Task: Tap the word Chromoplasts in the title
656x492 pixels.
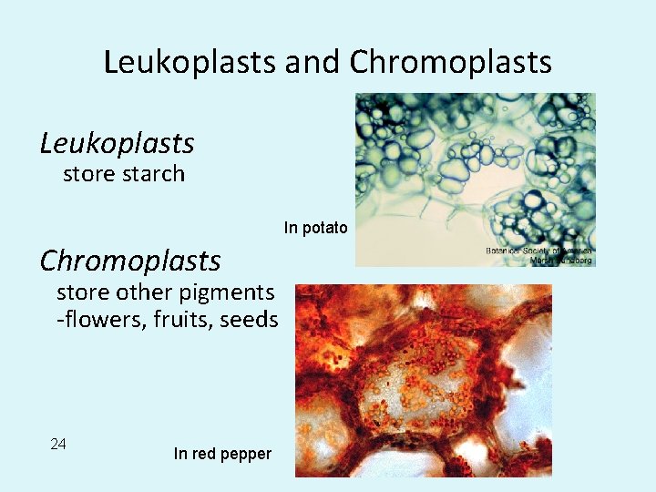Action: click(451, 62)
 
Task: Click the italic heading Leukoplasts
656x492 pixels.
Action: click(117, 143)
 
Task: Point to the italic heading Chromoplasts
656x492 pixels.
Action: click(130, 261)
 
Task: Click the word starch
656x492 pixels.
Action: click(153, 174)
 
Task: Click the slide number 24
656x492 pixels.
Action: click(58, 444)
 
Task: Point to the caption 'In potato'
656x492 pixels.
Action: click(315, 228)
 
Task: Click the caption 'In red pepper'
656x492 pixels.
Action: click(222, 454)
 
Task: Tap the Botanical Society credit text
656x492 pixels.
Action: click(538, 255)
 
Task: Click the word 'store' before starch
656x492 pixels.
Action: click(85, 174)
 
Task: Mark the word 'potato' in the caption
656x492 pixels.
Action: click(325, 228)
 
